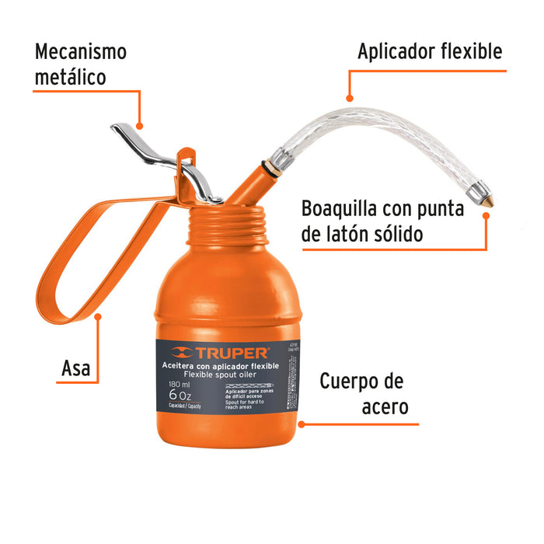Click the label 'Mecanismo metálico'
pos(81,65)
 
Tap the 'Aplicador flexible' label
pos(429,52)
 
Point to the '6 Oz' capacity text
pos(183,394)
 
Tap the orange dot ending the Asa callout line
pos(99,316)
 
